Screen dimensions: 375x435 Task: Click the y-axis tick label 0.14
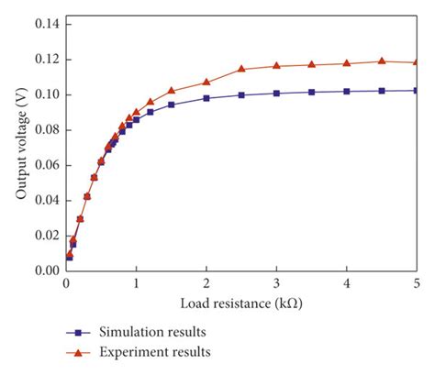[x=43, y=24]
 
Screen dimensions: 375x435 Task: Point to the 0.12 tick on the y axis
[x=43, y=60]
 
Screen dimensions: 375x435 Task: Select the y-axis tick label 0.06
[x=43, y=165]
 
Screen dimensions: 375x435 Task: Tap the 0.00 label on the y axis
[x=43, y=270]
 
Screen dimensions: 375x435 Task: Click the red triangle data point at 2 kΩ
[x=206, y=82]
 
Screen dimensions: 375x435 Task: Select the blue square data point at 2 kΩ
[x=206, y=98]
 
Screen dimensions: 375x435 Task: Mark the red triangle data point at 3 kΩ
[x=276, y=66]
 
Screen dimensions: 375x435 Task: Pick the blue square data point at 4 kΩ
[x=347, y=91]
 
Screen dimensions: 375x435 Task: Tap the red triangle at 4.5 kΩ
[x=382, y=61]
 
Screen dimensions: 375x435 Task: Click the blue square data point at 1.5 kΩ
[x=172, y=105]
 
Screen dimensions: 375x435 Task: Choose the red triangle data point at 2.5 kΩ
[x=241, y=69]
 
